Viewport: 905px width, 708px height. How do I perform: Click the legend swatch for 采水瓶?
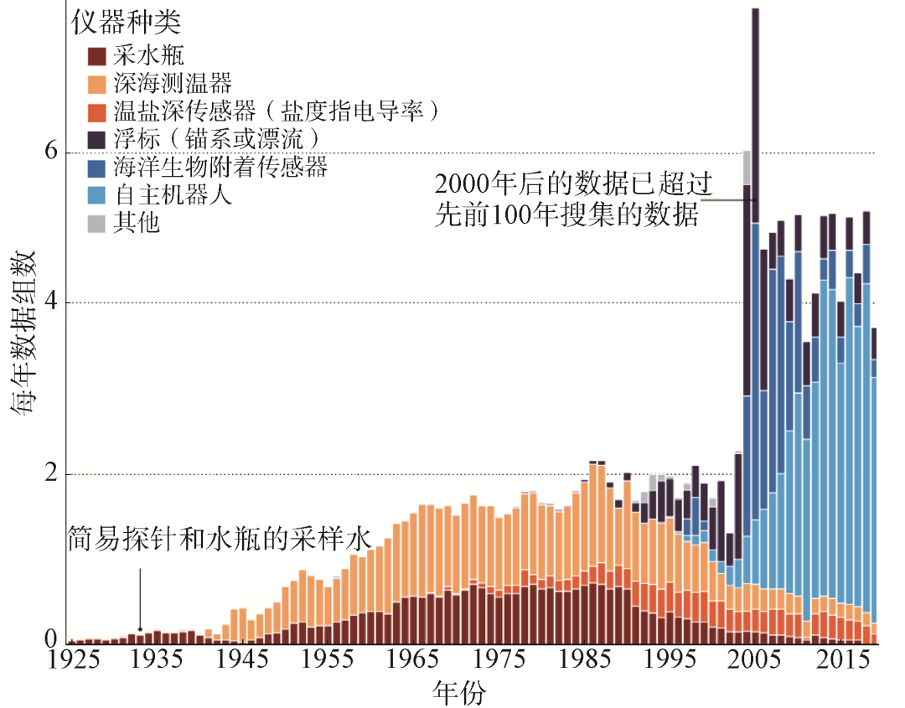pyautogui.click(x=98, y=57)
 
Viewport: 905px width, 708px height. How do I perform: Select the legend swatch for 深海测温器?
pyautogui.click(x=98, y=85)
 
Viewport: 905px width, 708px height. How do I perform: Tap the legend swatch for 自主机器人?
pyautogui.click(x=98, y=196)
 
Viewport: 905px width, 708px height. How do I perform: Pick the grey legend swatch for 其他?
pyautogui.click(x=98, y=224)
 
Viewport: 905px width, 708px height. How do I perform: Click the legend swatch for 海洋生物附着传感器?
pyautogui.click(x=98, y=168)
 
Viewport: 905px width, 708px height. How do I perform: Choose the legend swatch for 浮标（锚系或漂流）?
pyautogui.click(x=98, y=140)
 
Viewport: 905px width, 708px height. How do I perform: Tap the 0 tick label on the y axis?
pyautogui.click(x=50, y=641)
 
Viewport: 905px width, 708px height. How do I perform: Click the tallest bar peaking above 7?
pyautogui.click(x=755, y=251)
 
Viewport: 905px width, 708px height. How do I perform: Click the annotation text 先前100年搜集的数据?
pyautogui.click(x=567, y=214)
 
